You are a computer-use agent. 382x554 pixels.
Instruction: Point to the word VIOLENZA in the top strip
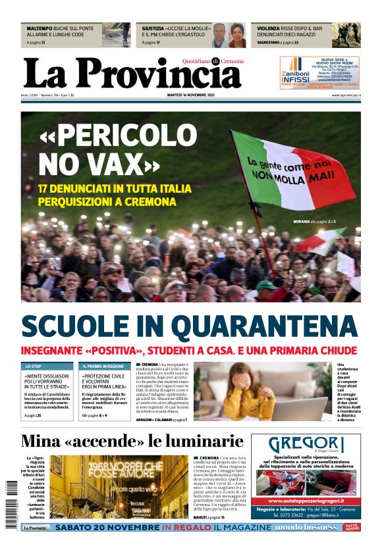(x=269, y=29)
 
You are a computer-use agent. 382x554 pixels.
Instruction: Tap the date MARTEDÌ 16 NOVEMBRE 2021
(x=195, y=95)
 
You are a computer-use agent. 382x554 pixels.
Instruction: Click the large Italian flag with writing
(x=290, y=168)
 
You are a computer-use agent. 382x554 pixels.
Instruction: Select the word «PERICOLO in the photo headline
(x=118, y=137)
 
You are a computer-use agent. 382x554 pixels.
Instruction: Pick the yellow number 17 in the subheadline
(x=45, y=188)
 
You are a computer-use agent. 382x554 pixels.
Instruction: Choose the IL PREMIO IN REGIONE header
(x=104, y=366)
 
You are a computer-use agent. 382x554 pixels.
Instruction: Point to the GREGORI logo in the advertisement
(x=306, y=444)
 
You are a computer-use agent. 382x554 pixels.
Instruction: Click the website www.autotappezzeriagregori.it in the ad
(x=306, y=500)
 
